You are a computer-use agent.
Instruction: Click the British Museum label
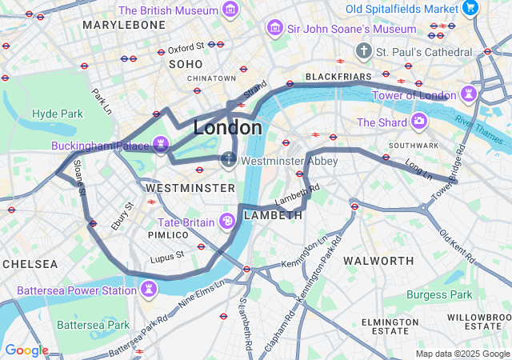pos(167,10)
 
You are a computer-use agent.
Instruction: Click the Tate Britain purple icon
pos(227,222)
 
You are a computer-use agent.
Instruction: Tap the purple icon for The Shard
pos(418,122)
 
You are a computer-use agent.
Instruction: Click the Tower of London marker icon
pos(468,95)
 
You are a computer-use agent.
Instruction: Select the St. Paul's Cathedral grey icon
pos(364,51)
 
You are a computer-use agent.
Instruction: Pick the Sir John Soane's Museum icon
pos(274,29)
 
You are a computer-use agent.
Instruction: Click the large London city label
pos(227,128)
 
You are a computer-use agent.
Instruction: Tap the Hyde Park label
pos(57,114)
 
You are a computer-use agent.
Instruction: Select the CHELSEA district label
pos(30,263)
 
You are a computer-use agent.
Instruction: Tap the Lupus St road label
pos(168,256)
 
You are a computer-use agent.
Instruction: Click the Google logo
pos(26,350)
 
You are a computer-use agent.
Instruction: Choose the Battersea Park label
pos(94,325)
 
